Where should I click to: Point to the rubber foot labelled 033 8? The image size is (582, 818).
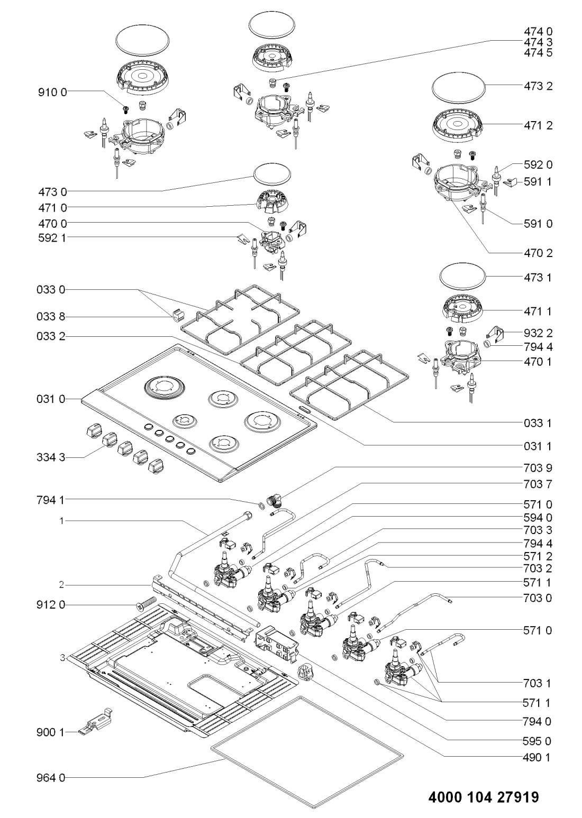(x=178, y=317)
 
